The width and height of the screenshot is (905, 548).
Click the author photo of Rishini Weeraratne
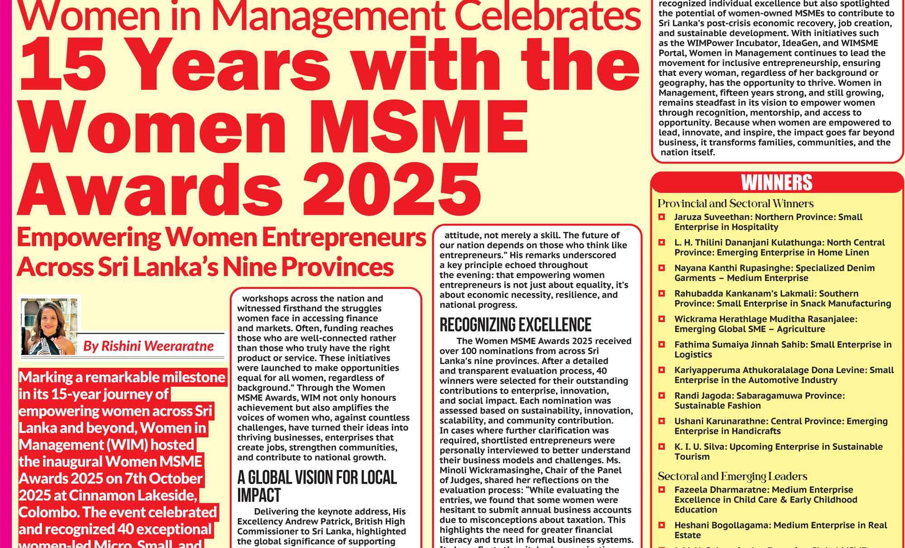[x=49, y=327]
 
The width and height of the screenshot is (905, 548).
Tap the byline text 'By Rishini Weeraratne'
[x=148, y=346]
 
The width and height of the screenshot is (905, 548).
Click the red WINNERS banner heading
[x=776, y=183]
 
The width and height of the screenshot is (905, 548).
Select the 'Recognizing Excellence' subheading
[x=515, y=325]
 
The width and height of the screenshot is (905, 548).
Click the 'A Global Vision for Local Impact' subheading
[x=317, y=486]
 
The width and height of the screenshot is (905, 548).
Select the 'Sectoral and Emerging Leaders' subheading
[x=732, y=476]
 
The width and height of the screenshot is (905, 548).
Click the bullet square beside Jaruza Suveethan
[x=662, y=217]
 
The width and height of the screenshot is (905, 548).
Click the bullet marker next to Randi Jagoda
[x=662, y=396]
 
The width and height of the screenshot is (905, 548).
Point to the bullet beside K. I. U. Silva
[x=662, y=447]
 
